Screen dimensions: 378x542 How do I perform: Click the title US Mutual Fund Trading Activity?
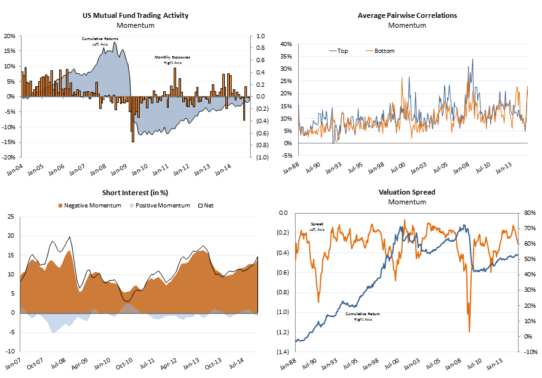coord(135,15)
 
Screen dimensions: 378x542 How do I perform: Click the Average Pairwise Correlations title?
coord(407,15)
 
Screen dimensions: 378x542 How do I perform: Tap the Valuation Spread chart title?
coord(407,192)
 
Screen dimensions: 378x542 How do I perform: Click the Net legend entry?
coord(206,205)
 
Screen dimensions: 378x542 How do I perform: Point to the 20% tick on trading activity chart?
coord(10,36)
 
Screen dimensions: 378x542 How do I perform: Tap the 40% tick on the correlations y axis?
coord(285,44)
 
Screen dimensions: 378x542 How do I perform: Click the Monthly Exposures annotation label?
coord(172,60)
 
